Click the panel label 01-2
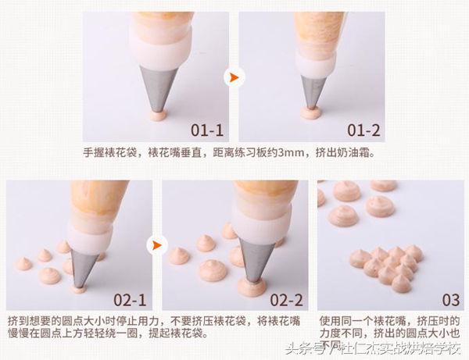coord(362,128)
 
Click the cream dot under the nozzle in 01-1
coord(158,116)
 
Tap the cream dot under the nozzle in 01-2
coord(313,115)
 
